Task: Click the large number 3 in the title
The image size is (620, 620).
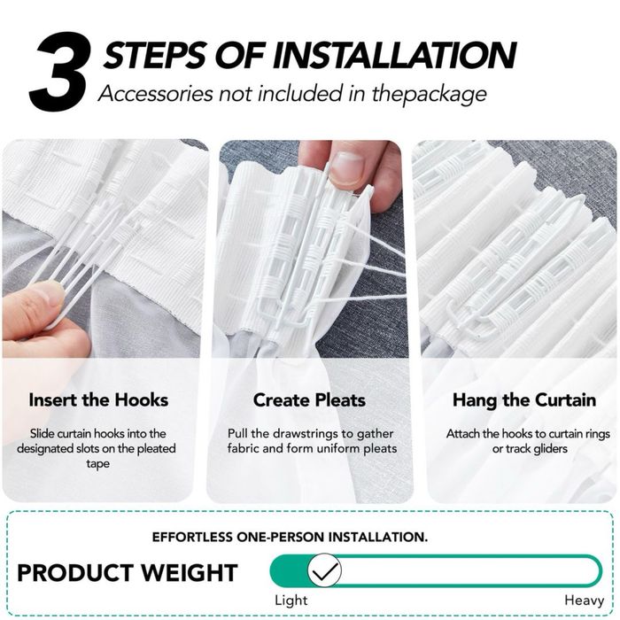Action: coord(59,71)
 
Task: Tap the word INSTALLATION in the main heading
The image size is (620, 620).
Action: coord(394,55)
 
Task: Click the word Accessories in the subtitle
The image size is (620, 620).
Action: coord(156,94)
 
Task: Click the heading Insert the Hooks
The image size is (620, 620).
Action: coord(98,399)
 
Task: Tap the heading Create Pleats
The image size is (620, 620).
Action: coord(309,399)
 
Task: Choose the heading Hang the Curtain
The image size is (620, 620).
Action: coord(524,399)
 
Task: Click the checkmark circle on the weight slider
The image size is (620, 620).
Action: coord(324,570)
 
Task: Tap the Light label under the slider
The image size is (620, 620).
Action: coord(291,601)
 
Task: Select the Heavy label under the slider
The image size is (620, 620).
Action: coord(584,601)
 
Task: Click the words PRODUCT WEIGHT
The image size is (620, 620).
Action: coord(128,572)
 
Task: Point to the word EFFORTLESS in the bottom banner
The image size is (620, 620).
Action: coord(192,537)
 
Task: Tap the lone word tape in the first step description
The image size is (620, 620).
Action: coord(97,463)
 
